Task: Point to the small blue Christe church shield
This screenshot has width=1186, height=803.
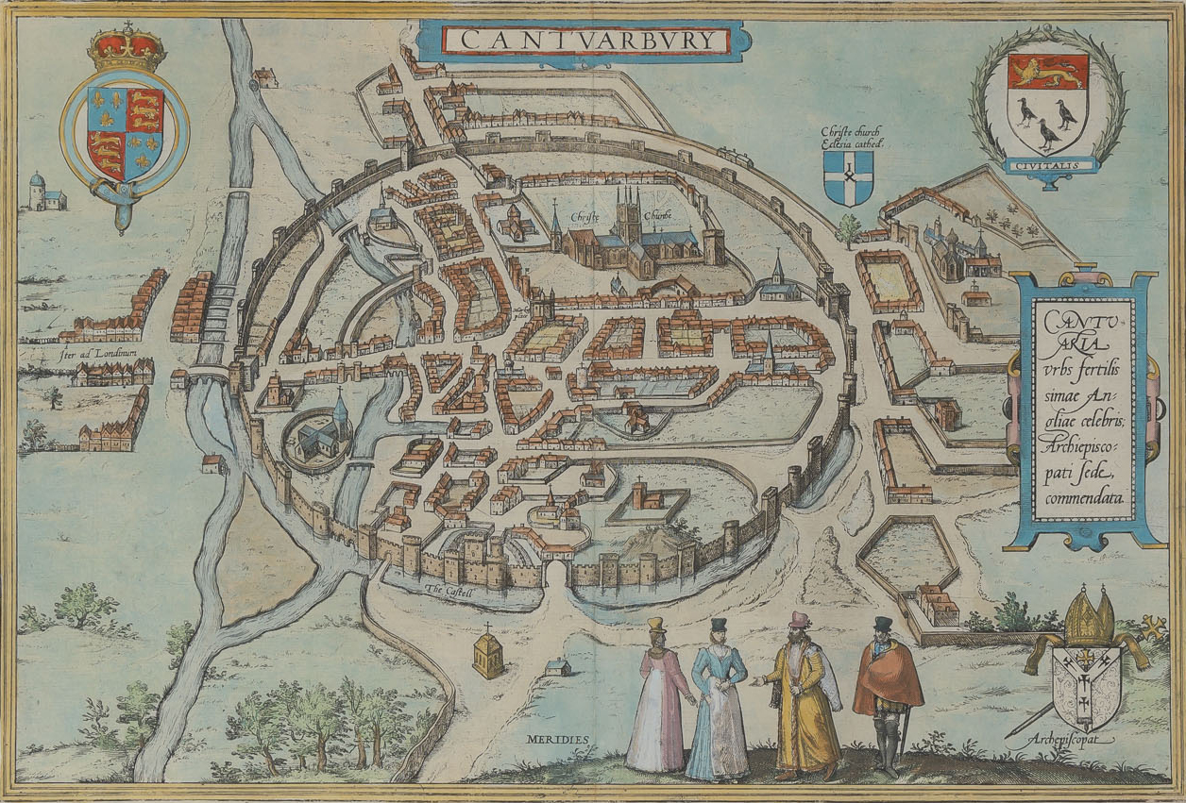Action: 848,176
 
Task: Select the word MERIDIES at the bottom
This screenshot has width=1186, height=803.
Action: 557,739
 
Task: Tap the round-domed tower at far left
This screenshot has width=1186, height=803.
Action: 37,191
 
